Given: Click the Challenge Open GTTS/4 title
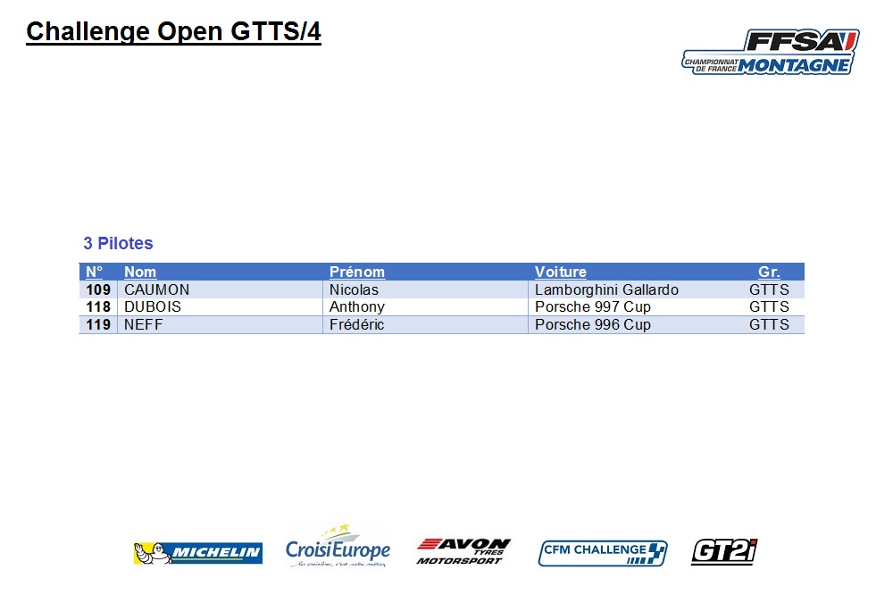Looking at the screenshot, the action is [x=174, y=32].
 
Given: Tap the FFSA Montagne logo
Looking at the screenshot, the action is [x=771, y=52].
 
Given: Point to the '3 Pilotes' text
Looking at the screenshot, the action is [x=119, y=243].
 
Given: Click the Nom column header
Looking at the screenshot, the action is [x=140, y=272].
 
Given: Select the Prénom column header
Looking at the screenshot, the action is [x=357, y=272].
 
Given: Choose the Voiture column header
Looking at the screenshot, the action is [x=561, y=272].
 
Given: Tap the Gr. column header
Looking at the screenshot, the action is [x=769, y=272].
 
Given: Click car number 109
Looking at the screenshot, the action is [x=98, y=289].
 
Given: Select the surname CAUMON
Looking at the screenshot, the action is [x=156, y=289].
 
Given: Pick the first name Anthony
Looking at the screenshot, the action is [x=357, y=307].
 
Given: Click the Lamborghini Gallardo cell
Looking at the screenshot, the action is [x=606, y=289].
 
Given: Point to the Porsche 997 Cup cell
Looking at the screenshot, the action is [x=593, y=307].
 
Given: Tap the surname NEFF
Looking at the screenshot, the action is [x=144, y=325].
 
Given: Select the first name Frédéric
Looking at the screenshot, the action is [x=356, y=325].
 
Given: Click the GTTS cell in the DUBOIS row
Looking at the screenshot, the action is [x=769, y=307].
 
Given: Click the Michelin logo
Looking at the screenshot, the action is [x=197, y=553].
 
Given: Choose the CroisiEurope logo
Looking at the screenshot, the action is [x=338, y=546].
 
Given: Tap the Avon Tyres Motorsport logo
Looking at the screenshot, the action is [x=463, y=551].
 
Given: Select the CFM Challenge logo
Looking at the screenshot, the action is [x=603, y=553].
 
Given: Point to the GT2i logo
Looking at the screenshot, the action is [x=724, y=552].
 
